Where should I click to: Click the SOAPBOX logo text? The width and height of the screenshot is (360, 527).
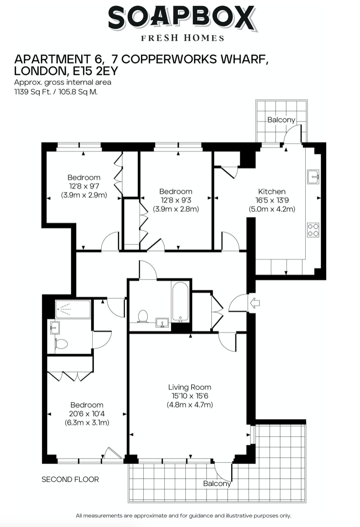(181, 19)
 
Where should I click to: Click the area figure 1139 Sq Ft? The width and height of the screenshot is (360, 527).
(31, 91)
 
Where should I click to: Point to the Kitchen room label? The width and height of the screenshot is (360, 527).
(272, 191)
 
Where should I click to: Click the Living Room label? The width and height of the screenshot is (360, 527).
(190, 387)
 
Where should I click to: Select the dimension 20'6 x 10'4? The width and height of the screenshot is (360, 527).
(87, 413)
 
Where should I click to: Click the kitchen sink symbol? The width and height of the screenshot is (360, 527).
(313, 175)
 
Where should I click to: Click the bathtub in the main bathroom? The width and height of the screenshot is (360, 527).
(180, 301)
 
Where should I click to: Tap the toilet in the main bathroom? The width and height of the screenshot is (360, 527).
(143, 315)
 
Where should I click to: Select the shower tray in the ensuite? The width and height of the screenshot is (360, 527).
(73, 309)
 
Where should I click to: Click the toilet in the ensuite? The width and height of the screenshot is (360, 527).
(60, 343)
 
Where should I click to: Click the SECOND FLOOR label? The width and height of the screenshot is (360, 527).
(70, 479)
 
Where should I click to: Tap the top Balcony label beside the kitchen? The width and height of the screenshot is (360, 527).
(281, 120)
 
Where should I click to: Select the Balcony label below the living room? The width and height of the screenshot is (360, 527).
(217, 483)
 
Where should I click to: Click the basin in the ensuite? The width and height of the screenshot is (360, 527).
(54, 327)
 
